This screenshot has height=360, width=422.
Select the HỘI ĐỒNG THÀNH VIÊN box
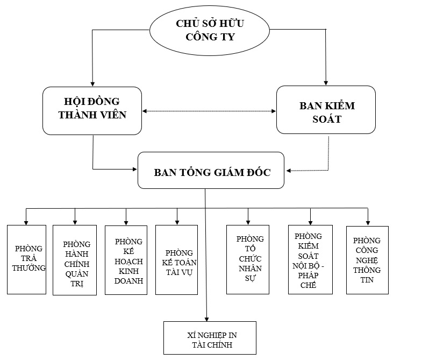(92, 110)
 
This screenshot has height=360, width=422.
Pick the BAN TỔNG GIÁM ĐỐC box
(211, 171)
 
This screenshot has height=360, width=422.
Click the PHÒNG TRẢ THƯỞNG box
(26, 259)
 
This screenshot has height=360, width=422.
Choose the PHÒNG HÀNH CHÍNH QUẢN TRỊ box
(74, 260)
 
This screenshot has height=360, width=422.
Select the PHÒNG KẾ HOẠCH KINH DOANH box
(126, 260)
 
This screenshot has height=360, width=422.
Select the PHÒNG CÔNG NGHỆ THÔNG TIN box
(367, 260)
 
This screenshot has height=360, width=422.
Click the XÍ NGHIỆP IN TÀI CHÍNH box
(210, 338)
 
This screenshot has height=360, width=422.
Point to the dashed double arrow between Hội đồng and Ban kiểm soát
(209, 111)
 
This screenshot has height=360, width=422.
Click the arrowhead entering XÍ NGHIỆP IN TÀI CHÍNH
(207, 319)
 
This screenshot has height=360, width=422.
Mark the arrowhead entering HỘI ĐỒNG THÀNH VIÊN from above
(92, 83)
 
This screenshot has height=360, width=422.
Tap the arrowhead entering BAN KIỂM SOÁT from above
(326, 82)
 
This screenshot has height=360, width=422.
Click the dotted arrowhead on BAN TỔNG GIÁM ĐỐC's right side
(289, 171)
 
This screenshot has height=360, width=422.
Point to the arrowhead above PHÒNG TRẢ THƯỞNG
(26, 221)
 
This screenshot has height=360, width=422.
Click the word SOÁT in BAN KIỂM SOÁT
(327, 119)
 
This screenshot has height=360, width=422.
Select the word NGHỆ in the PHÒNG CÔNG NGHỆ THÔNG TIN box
(367, 260)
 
